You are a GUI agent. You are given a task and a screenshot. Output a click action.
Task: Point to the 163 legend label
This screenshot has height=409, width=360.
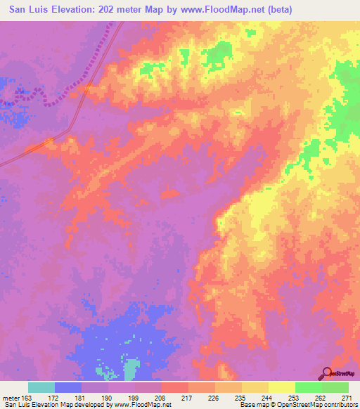point(27,397)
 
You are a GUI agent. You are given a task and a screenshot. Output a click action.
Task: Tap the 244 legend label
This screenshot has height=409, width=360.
point(269,397)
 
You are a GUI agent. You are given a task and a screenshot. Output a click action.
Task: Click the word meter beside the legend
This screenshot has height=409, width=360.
point(10,397)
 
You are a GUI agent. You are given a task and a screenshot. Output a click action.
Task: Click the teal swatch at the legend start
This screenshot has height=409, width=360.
point(41,387)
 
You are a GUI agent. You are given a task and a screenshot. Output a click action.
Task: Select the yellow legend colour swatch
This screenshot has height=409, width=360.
point(281,387)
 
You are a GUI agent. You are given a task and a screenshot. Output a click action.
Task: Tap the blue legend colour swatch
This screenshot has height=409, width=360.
point(68,387)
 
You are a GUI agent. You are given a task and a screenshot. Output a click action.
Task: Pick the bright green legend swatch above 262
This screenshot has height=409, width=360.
point(308,387)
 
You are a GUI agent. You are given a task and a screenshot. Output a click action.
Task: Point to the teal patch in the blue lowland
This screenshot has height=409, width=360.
point(131,369)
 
